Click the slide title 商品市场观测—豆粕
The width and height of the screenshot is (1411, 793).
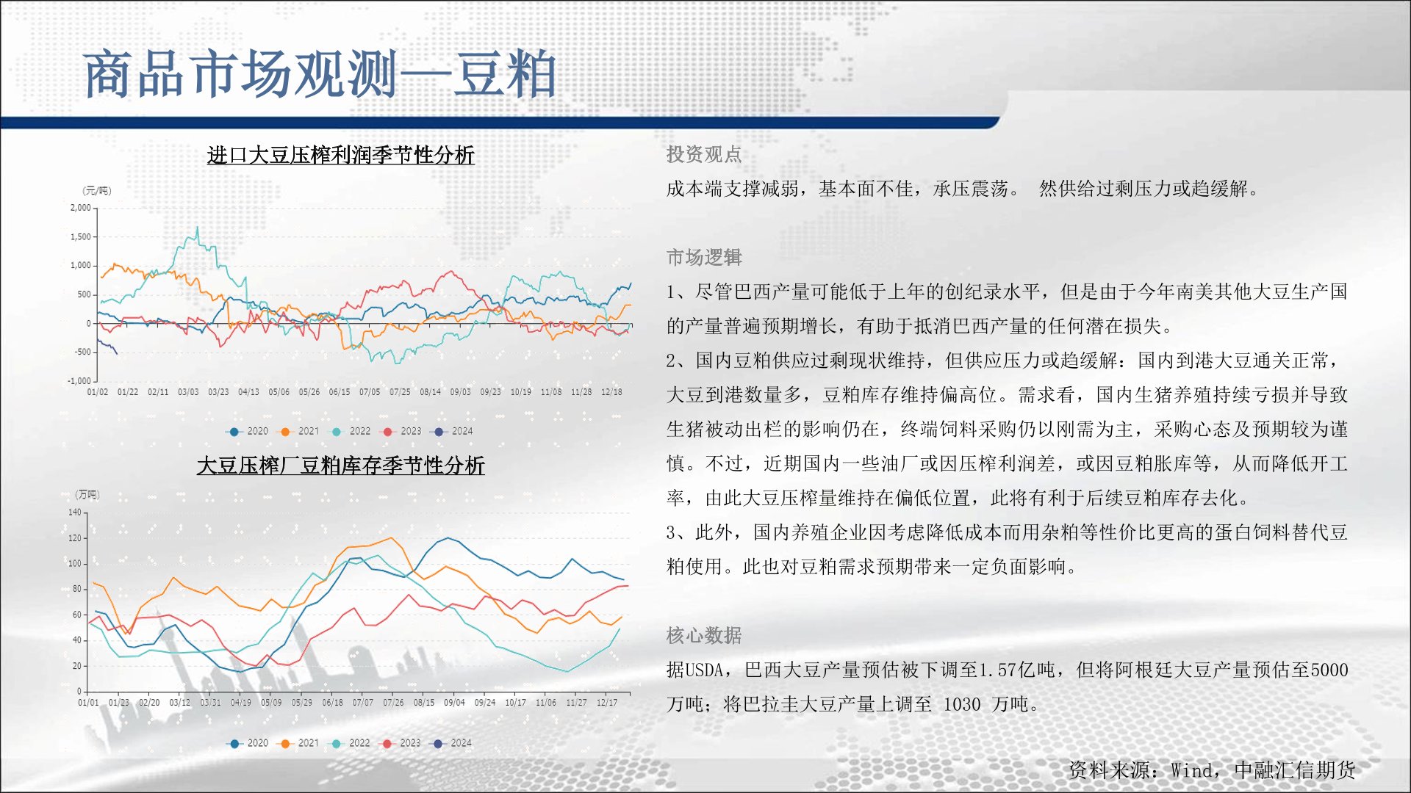pos(320,74)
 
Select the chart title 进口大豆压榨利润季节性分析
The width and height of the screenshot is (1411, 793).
pos(341,155)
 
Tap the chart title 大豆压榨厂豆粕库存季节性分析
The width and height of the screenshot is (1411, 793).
pos(341,466)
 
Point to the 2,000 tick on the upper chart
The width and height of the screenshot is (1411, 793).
pos(81,208)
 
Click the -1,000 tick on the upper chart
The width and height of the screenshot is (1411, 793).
pos(79,381)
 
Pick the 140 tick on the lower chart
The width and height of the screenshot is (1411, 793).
pos(75,513)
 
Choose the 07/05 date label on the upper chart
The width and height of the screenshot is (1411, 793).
pos(370,392)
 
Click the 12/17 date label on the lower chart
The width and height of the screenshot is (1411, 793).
pos(607,703)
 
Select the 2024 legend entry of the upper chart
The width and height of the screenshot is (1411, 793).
pos(454,431)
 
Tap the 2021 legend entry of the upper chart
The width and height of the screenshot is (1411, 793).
pos(301,431)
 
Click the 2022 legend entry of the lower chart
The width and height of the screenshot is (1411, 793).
pos(351,743)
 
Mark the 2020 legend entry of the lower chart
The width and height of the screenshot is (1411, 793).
pos(249,743)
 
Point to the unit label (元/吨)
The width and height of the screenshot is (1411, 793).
pos(97,191)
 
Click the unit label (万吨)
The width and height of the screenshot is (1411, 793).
pos(87,495)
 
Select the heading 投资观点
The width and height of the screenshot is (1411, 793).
pos(704,154)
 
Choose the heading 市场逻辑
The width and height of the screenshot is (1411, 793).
pos(704,257)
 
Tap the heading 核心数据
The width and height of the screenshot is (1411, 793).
pos(704,635)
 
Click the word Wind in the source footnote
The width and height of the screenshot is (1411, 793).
pos(1191,770)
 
